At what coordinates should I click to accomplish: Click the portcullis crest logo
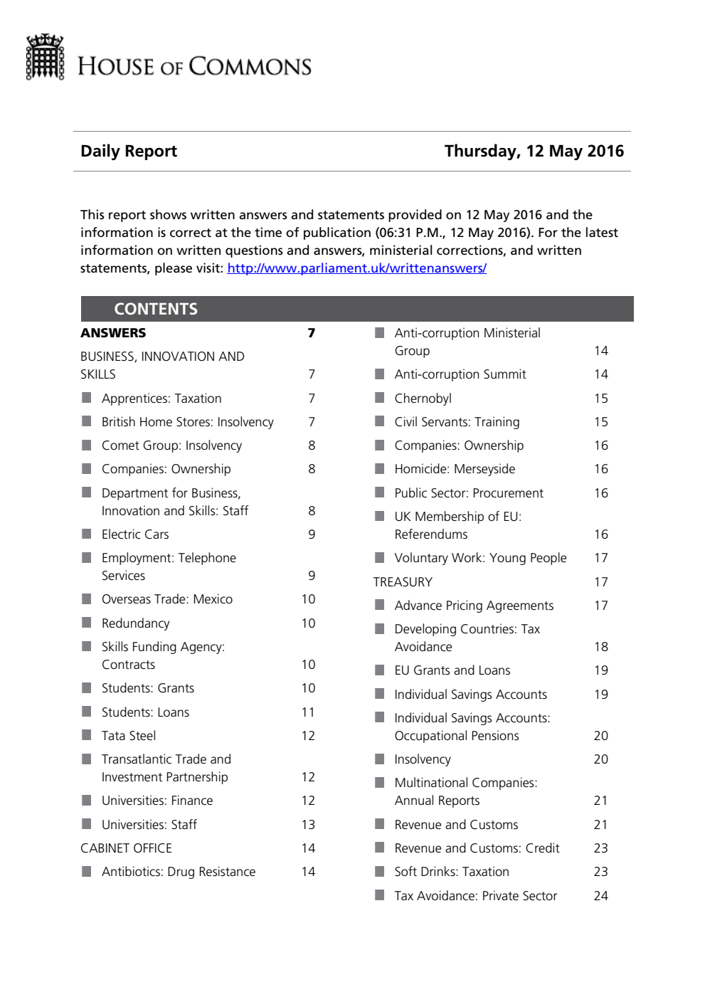[45, 57]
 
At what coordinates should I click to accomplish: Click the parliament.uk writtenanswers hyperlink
[356, 268]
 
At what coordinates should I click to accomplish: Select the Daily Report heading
[129, 151]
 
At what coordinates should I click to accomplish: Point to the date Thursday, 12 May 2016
[534, 151]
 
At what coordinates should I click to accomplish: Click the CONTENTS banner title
[156, 309]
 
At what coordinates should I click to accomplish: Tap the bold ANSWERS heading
[113, 333]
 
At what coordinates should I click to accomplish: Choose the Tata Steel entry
[129, 736]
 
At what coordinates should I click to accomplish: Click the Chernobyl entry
[423, 399]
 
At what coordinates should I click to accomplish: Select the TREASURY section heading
[403, 582]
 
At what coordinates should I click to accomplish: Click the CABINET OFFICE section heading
[126, 848]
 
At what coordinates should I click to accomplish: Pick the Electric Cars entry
[135, 534]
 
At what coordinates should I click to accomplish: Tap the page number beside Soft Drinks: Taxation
[600, 872]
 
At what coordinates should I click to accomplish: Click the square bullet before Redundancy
[87, 623]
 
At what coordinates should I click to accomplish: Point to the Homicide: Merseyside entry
[455, 469]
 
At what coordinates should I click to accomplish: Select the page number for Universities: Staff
[308, 825]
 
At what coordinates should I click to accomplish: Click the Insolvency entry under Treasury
[423, 759]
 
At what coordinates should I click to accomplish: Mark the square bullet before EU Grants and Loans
[380, 670]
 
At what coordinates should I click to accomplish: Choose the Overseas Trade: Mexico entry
[167, 599]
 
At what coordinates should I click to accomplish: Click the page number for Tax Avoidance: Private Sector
[600, 896]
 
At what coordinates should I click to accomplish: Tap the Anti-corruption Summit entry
[460, 374]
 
